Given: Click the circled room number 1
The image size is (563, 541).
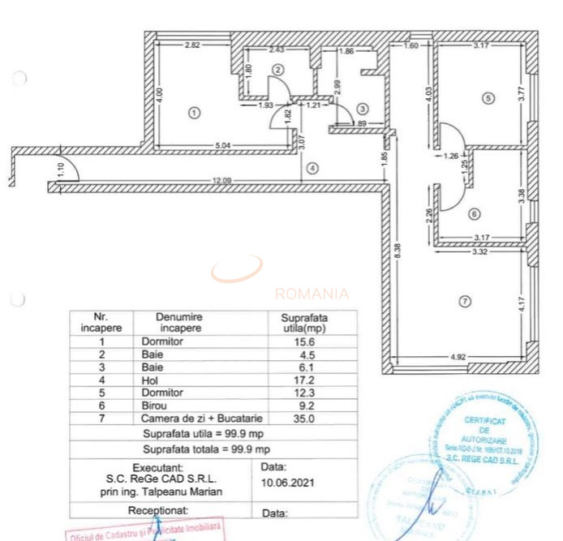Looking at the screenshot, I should tap(193, 113).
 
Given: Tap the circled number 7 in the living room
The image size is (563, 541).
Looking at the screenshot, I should tap(464, 302).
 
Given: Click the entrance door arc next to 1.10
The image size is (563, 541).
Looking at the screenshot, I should tap(68, 168).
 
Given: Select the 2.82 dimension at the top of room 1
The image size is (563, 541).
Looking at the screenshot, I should tap(192, 45).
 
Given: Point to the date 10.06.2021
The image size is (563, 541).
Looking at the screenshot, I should tap(288, 481).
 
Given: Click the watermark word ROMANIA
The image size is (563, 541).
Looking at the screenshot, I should tap(312, 294).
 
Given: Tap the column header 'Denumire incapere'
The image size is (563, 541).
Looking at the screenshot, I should tap(180, 323).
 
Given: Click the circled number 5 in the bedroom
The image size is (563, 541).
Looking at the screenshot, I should tap(488, 98).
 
